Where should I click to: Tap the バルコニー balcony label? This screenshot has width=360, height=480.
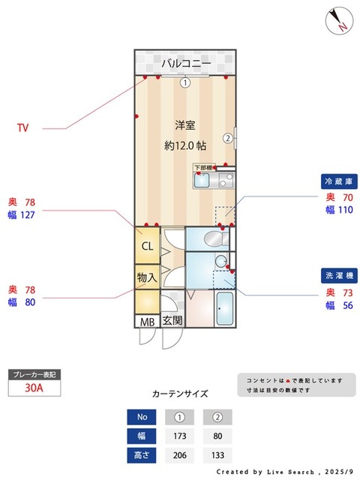point(184,63)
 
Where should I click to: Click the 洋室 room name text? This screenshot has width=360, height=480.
point(184,124)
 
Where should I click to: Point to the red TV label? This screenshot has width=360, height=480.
point(23,128)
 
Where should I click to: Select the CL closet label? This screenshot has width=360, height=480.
point(147,246)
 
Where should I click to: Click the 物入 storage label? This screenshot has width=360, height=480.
point(147,277)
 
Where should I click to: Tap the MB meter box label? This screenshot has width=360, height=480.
point(145,321)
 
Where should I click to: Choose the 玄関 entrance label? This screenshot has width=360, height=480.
point(172,321)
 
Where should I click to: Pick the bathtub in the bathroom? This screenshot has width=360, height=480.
point(225,309)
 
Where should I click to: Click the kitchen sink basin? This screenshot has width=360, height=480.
point(203,180)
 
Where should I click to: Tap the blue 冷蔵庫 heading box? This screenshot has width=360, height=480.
point(338,182)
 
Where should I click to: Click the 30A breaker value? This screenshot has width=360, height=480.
point(33,388)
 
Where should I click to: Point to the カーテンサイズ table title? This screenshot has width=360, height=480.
point(180,393)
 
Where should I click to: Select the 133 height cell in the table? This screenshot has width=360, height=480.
point(218,455)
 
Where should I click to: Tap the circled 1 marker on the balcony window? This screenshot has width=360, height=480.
point(184,83)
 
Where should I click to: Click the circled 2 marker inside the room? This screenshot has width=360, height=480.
point(226,137)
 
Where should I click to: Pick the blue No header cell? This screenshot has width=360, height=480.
point(142,417)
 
